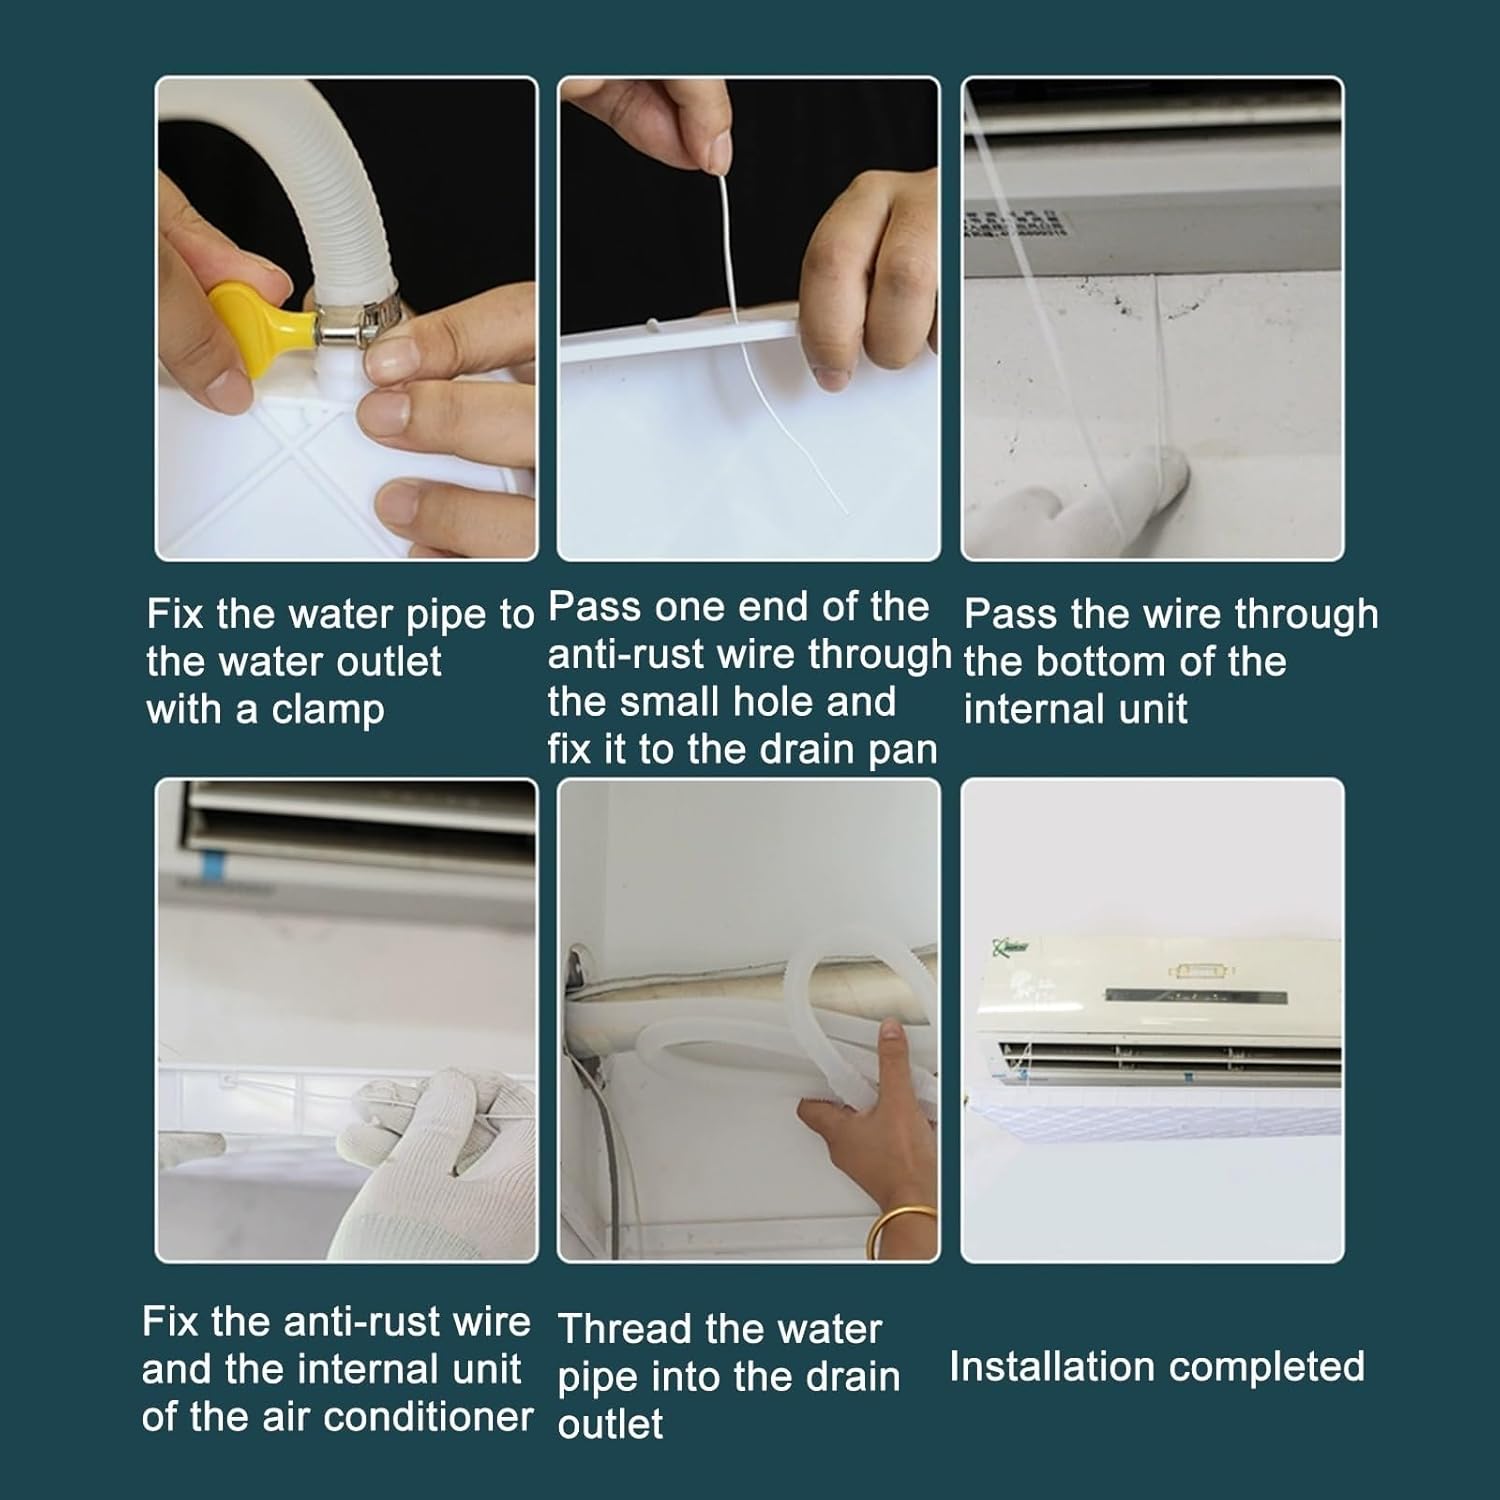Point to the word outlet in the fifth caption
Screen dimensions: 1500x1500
point(610,1424)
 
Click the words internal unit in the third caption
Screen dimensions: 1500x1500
point(1075,710)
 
